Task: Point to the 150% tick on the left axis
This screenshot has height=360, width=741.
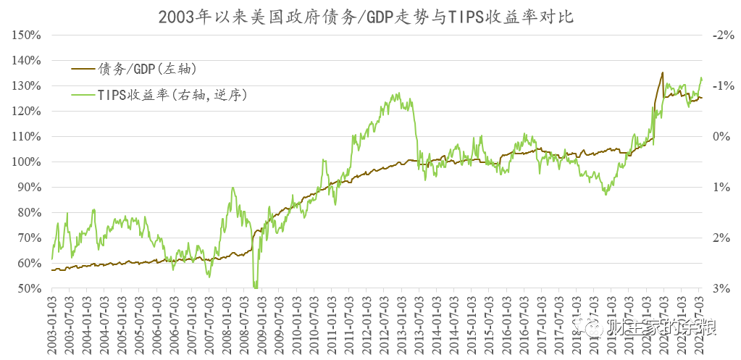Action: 28,35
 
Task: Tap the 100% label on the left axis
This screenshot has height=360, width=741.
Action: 28,162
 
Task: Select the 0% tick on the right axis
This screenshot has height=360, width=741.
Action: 723,136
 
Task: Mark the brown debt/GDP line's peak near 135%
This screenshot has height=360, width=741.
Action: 662,72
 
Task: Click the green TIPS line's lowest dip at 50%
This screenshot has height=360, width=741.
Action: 255,287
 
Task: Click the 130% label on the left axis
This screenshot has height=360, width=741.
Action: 28,85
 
